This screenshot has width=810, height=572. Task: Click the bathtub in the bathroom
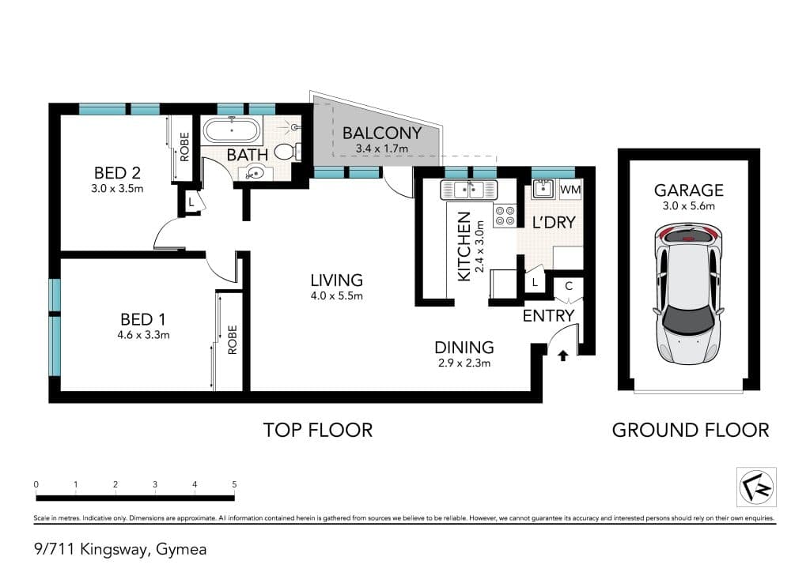click(232, 130)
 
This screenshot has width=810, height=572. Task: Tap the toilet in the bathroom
click(287, 151)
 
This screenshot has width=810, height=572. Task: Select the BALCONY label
click(382, 133)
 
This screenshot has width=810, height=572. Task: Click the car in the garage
click(689, 293)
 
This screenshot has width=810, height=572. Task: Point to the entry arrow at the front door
click(563, 356)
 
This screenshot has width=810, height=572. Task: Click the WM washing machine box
click(570, 190)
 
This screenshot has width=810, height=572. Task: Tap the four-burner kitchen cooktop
click(505, 216)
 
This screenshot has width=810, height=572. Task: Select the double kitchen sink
click(468, 190)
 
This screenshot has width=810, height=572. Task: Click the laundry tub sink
click(543, 189)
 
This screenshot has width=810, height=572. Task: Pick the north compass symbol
click(756, 487)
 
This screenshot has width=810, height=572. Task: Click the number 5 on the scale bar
click(234, 484)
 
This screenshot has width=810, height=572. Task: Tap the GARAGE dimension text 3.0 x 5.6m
click(689, 206)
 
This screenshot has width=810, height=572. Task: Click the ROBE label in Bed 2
click(184, 147)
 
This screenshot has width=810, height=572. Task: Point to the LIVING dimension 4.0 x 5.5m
click(336, 296)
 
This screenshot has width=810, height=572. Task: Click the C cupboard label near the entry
click(569, 286)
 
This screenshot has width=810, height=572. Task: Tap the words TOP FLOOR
click(318, 430)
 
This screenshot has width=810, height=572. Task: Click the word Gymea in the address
click(181, 550)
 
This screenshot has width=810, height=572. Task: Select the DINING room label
click(464, 347)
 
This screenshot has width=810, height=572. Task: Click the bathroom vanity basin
click(254, 171)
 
